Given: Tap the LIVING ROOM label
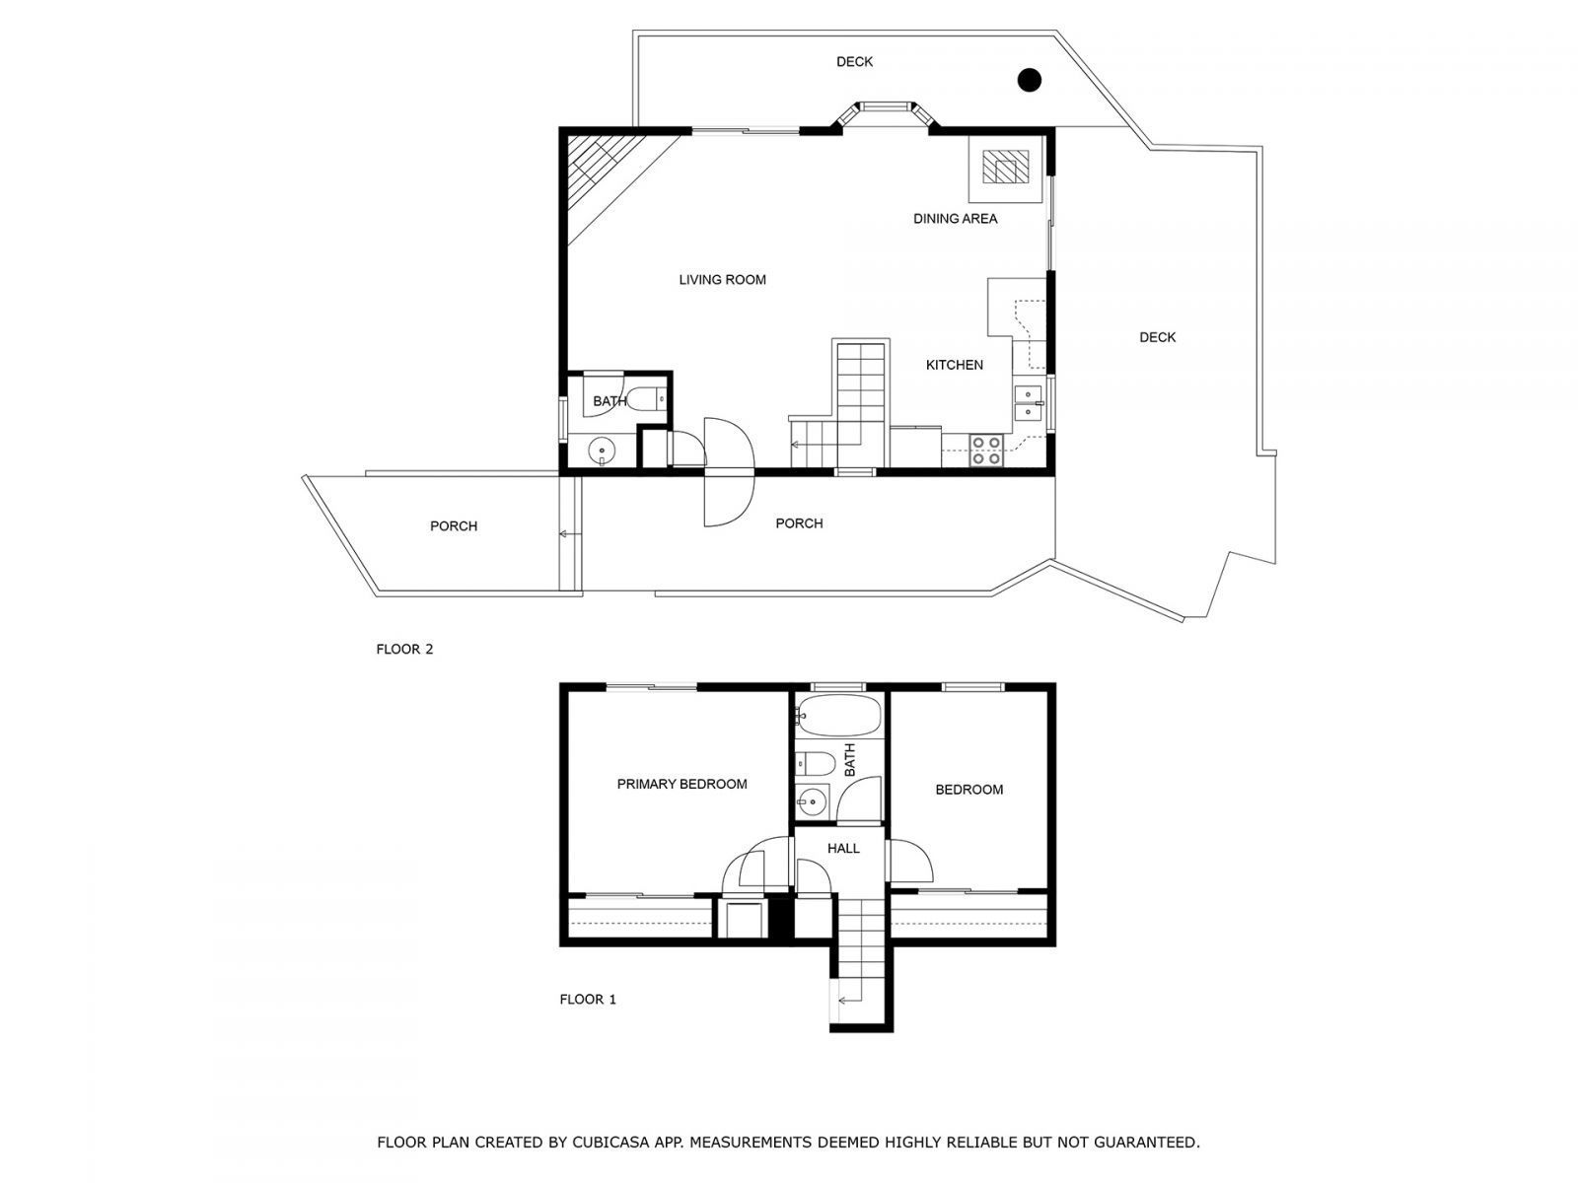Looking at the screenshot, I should pyautogui.click(x=722, y=280).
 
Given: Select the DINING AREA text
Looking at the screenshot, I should pyautogui.click(x=955, y=219).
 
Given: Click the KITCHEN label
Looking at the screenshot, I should pyautogui.click(x=954, y=366).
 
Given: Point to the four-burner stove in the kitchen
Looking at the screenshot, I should pyautogui.click(x=986, y=451).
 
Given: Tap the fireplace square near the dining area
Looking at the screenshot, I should pyautogui.click(x=1005, y=170).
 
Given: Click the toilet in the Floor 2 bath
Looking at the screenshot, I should pyautogui.click(x=647, y=400).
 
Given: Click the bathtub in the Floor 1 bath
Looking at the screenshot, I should pyautogui.click(x=837, y=717).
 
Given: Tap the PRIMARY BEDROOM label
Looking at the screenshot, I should pyautogui.click(x=681, y=785).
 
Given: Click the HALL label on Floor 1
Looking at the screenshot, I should pyautogui.click(x=843, y=849).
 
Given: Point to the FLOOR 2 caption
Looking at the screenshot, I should pyautogui.click(x=404, y=650).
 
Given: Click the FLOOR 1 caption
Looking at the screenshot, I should pyautogui.click(x=588, y=1000).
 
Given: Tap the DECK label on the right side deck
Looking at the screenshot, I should pyautogui.click(x=1157, y=338).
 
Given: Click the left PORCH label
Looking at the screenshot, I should pyautogui.click(x=454, y=526).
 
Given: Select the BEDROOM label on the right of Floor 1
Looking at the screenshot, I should pyautogui.click(x=968, y=790).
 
